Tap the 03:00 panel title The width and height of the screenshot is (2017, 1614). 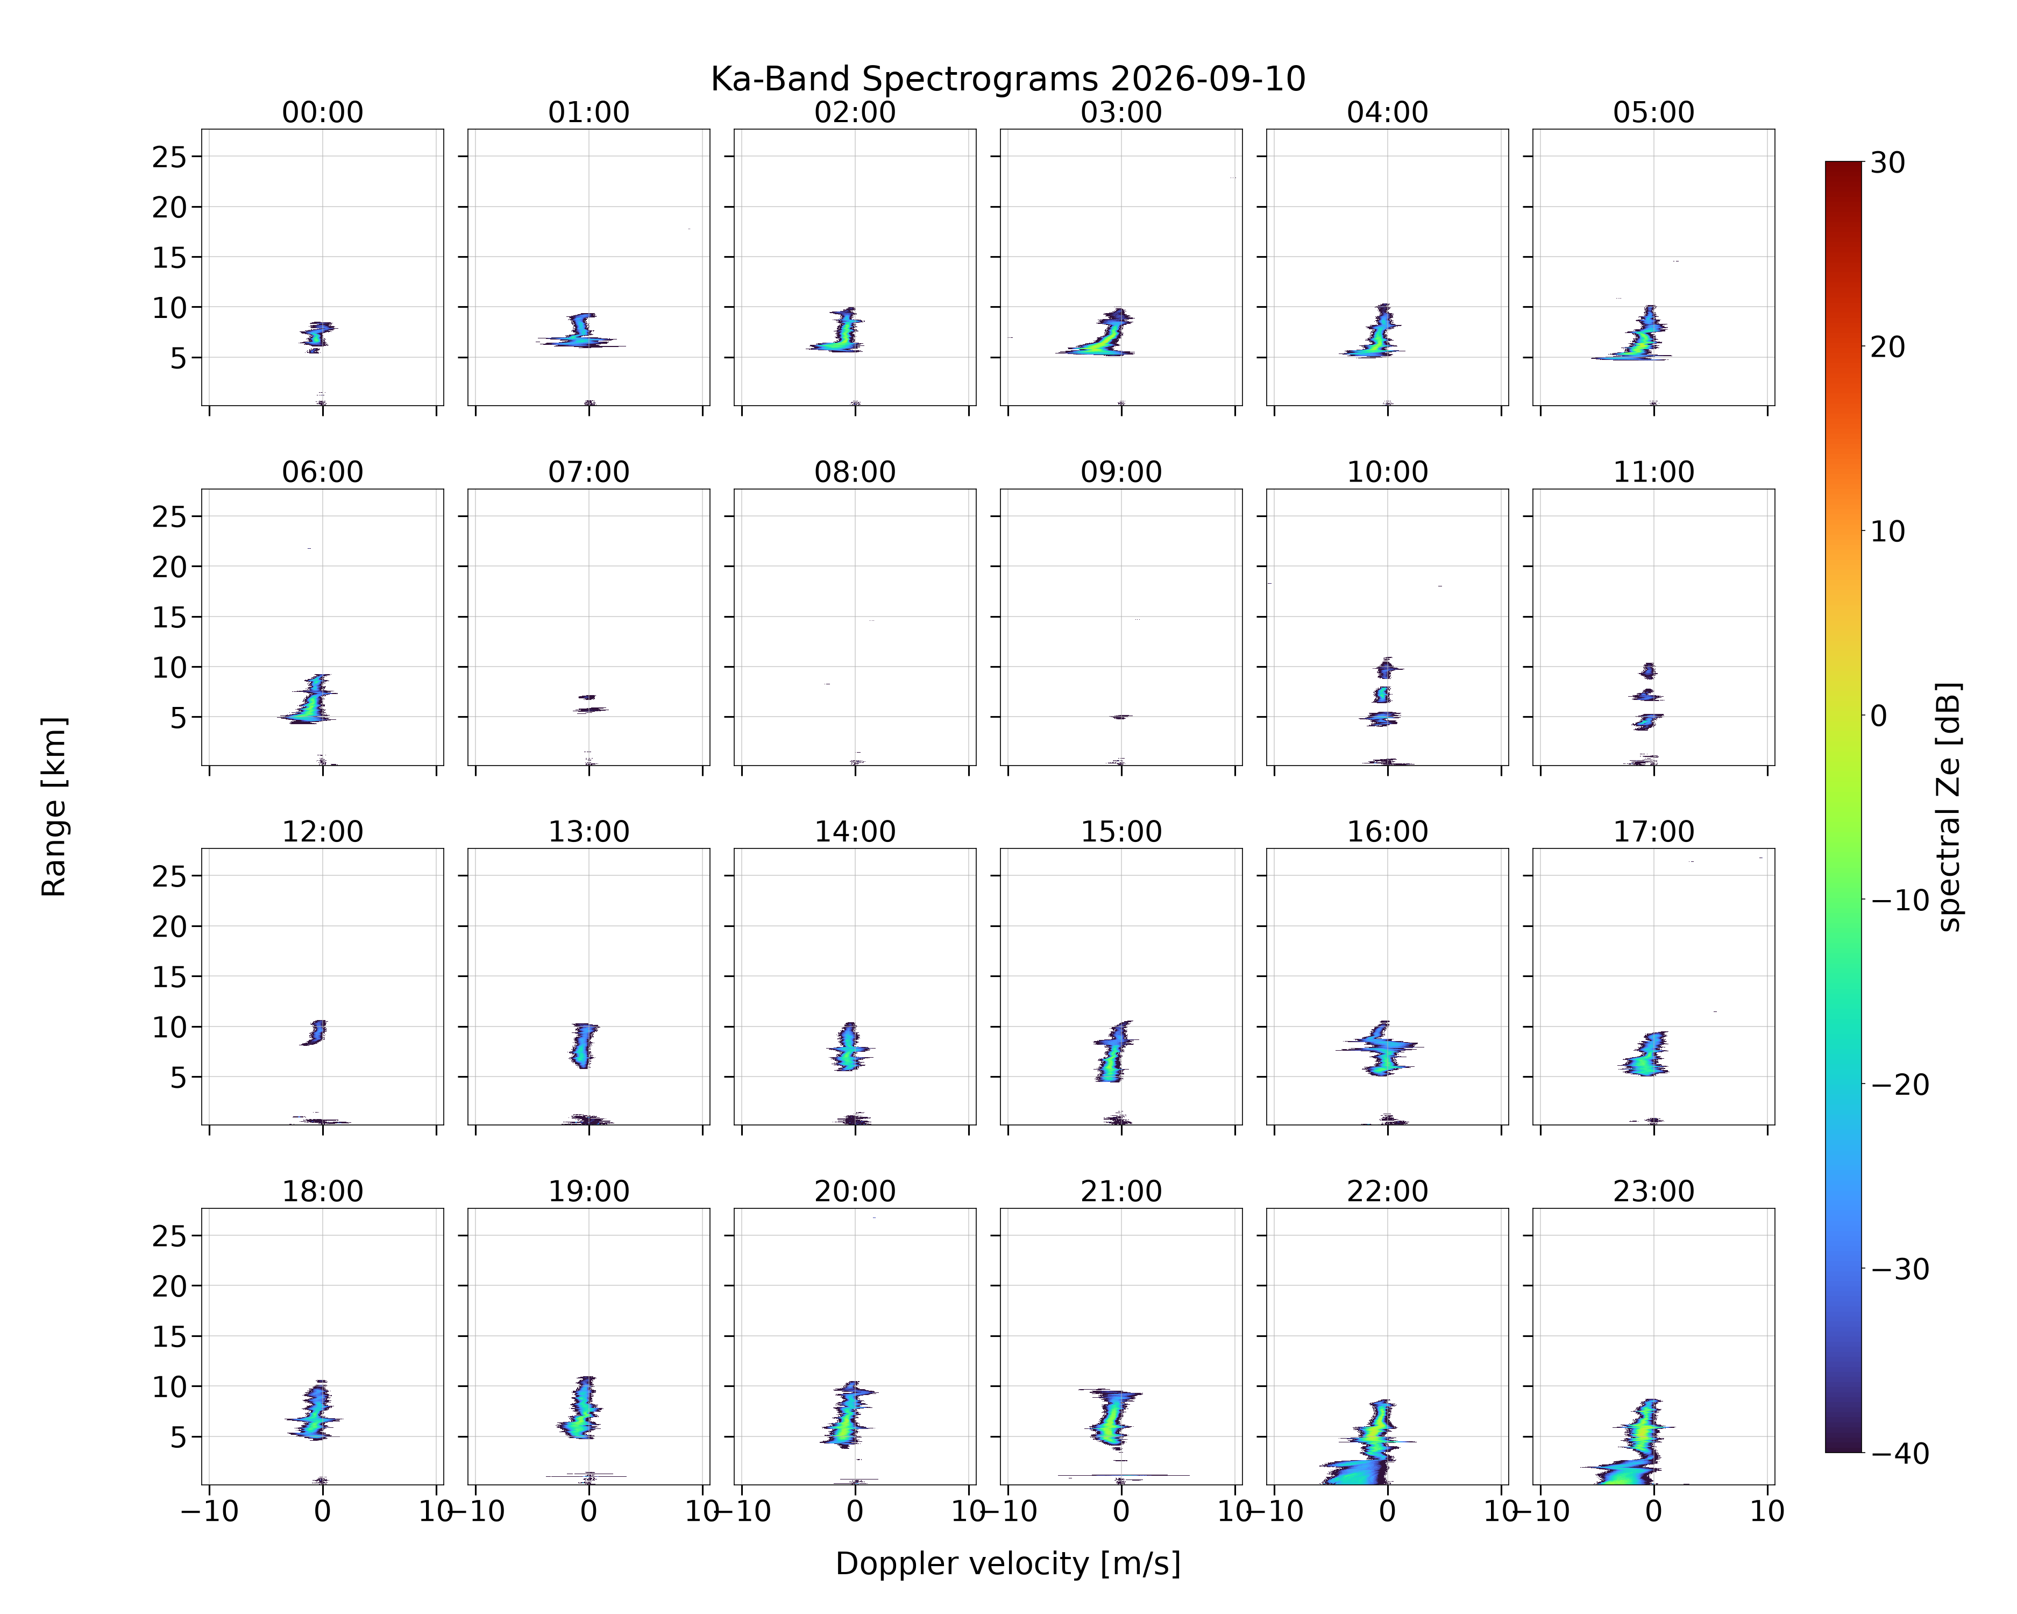(x=1121, y=112)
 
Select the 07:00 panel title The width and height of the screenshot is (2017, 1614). (x=588, y=472)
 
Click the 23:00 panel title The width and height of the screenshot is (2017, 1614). (x=1653, y=1191)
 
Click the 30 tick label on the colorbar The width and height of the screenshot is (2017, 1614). (x=1888, y=163)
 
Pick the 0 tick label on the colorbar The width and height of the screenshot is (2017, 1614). (x=1879, y=716)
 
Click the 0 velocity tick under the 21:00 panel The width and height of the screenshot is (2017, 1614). (x=1121, y=1511)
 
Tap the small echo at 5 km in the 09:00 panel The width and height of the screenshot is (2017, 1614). (x=1121, y=717)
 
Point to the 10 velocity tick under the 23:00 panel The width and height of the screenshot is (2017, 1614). (x=1767, y=1511)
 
